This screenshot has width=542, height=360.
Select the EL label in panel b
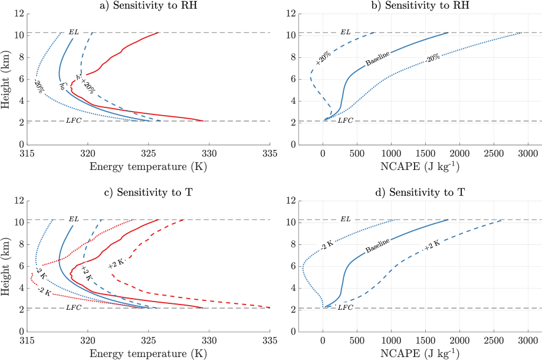[x=346, y=32]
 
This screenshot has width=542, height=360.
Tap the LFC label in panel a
[x=74, y=121]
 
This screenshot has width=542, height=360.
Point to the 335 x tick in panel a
[x=270, y=154]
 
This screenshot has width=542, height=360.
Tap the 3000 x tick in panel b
[x=527, y=154]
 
